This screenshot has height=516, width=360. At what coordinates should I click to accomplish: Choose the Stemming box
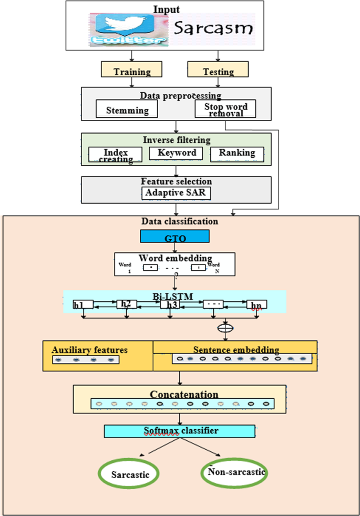pos(127,110)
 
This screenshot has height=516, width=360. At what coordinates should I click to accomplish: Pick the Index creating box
pos(115,154)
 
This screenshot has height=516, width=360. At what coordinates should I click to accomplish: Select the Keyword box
pos(176,153)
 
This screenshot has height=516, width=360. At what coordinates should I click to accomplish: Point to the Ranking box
pos(236,153)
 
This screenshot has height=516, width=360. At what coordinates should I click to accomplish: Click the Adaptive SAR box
pos(177,193)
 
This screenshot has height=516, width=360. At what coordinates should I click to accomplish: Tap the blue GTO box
pos(175,237)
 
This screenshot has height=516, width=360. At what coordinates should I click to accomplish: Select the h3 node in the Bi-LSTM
pos(171,305)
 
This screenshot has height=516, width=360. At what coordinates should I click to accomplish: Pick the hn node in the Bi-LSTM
pos(256,305)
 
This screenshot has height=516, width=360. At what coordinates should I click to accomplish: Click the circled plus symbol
pos(228,328)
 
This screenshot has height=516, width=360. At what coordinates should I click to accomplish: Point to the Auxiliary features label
pos(89,350)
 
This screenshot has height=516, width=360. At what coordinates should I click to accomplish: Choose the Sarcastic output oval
pos(130,474)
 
